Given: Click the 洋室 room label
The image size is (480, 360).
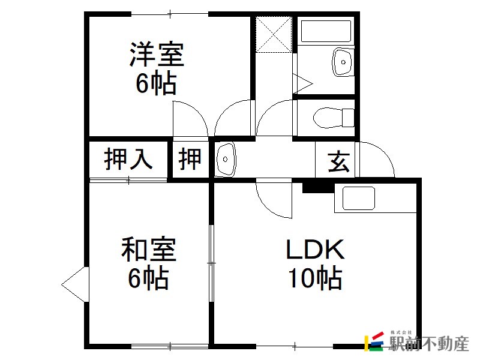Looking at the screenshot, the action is click(157, 55).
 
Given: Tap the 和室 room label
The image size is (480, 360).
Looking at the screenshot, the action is click(148, 249).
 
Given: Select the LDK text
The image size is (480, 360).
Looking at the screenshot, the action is click(316, 249).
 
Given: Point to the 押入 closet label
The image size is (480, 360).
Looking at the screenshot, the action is click(128, 159).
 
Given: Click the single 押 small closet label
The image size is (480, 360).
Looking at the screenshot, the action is click(190, 159).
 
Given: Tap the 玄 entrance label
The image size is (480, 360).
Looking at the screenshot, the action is click(338, 161).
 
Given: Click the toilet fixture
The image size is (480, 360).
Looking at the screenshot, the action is click(334, 118).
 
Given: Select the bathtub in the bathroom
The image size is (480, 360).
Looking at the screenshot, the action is click(326, 31).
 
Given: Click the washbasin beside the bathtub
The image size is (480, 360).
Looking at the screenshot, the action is click(343, 62).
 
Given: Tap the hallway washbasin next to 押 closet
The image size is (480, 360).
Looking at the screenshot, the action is click(226, 159).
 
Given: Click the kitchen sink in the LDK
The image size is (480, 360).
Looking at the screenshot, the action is click(358, 198).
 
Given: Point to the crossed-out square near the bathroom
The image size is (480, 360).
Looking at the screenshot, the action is click(274, 34).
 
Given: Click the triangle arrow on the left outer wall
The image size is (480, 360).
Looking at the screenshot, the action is click(76, 284).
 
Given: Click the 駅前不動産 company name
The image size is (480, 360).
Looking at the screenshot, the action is click(429, 344).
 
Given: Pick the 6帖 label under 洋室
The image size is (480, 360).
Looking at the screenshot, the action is click(157, 83).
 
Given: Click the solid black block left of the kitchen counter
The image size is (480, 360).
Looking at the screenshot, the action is click(319, 188).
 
